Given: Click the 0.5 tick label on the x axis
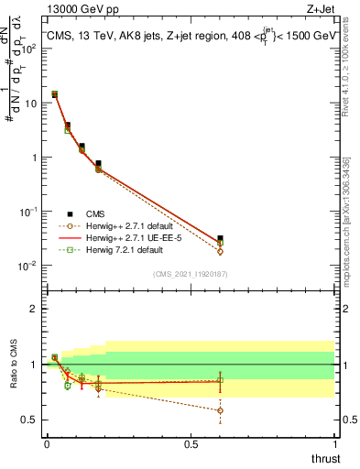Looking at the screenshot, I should coord(191,444).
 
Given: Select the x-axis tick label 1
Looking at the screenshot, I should coord(335,444).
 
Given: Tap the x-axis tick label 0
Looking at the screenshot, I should coord(47,444).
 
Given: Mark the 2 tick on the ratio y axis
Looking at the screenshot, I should coord(33,309).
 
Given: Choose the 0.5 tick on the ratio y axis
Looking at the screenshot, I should coord(28,420).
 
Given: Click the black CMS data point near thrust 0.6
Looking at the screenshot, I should coord(220,238).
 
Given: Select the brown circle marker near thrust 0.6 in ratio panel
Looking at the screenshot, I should coord(220,410).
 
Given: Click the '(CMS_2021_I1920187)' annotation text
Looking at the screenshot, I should coord(191,274).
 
